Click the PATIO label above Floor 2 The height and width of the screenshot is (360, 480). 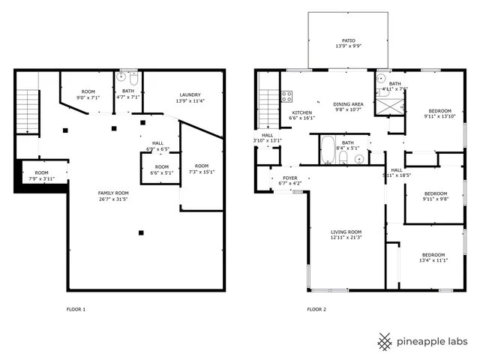coord(348,41)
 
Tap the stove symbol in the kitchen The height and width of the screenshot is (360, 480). coord(286,96)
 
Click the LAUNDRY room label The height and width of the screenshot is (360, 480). coord(189,94)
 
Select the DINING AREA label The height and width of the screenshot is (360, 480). coord(348,104)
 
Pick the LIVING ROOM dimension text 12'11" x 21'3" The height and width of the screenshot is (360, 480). coord(346,238)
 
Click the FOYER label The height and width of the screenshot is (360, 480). coord(289,178)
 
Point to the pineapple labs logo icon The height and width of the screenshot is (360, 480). coord(385,341)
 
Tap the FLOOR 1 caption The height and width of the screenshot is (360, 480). coord(76,309)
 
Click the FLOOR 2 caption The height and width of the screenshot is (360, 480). coord(316,309)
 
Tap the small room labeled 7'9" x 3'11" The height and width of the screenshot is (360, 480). coord(41,175)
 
